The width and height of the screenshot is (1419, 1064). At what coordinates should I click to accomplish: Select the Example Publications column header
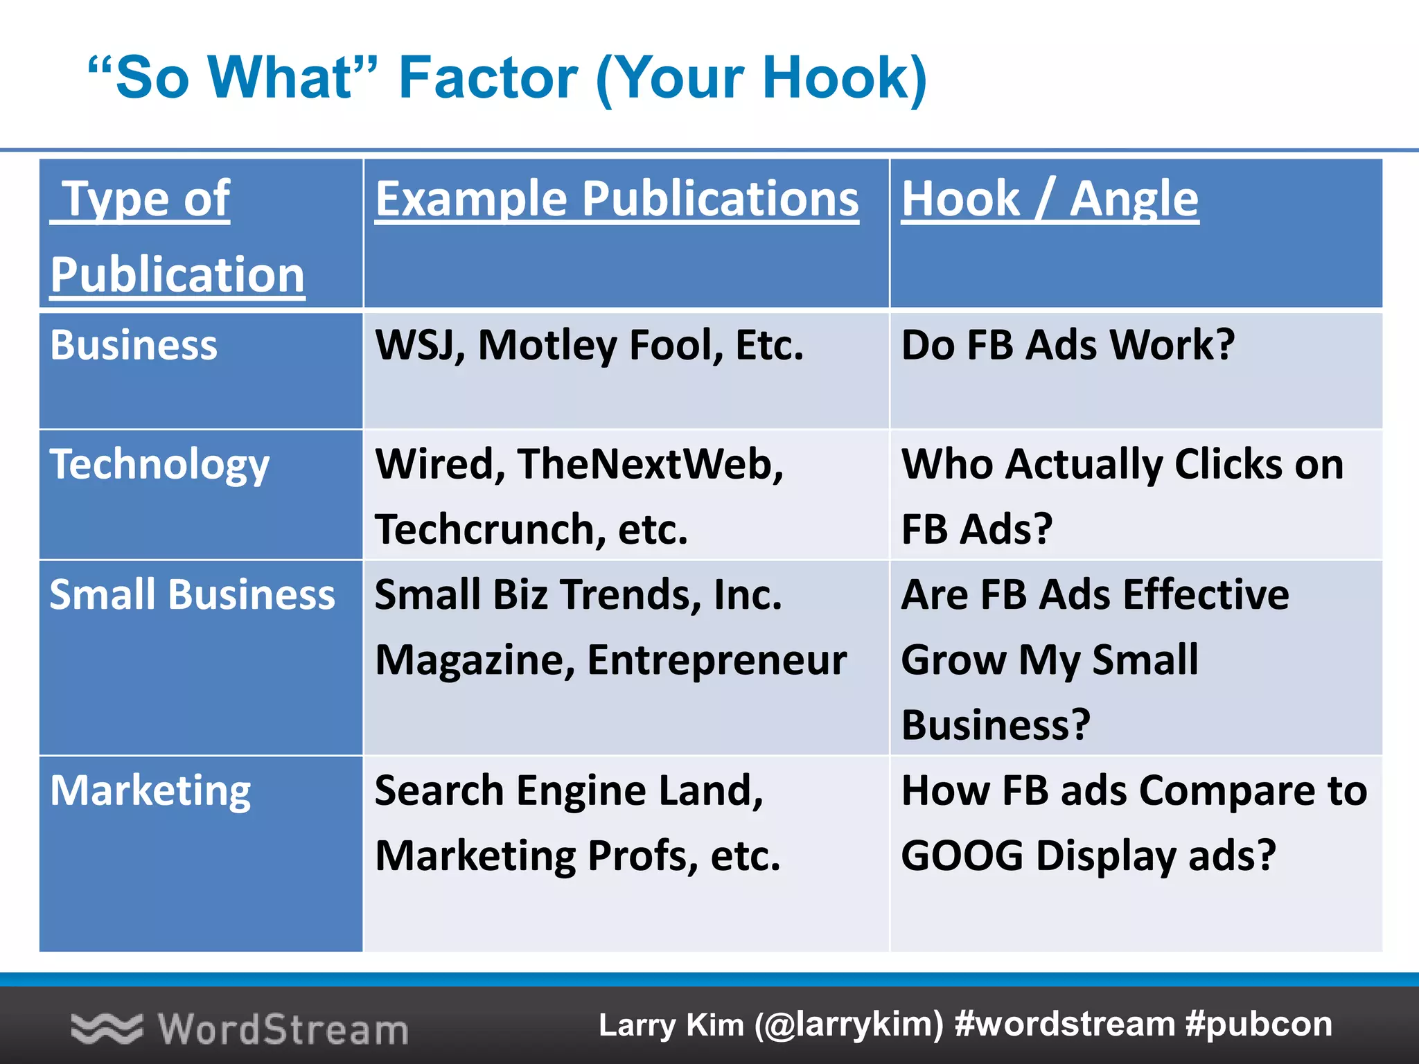617,199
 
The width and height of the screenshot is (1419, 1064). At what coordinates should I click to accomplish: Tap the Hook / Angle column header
1049,199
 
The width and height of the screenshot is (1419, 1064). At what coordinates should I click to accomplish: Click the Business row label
134,345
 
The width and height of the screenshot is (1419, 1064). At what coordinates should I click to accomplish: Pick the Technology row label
159,464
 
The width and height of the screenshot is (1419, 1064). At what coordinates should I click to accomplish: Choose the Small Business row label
192,594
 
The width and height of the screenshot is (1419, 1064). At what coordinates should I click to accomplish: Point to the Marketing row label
150,790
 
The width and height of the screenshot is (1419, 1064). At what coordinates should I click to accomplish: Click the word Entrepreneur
716,659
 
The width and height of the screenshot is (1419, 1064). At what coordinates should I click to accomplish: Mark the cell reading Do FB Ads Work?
1067,345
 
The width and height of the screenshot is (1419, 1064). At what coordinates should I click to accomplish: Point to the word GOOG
962,855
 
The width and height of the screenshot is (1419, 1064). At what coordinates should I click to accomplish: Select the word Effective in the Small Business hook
1206,594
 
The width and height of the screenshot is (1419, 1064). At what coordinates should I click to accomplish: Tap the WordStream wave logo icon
106,1028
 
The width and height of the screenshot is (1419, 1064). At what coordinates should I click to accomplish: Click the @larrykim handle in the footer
849,1025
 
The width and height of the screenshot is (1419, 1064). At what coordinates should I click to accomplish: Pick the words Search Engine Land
568,790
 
